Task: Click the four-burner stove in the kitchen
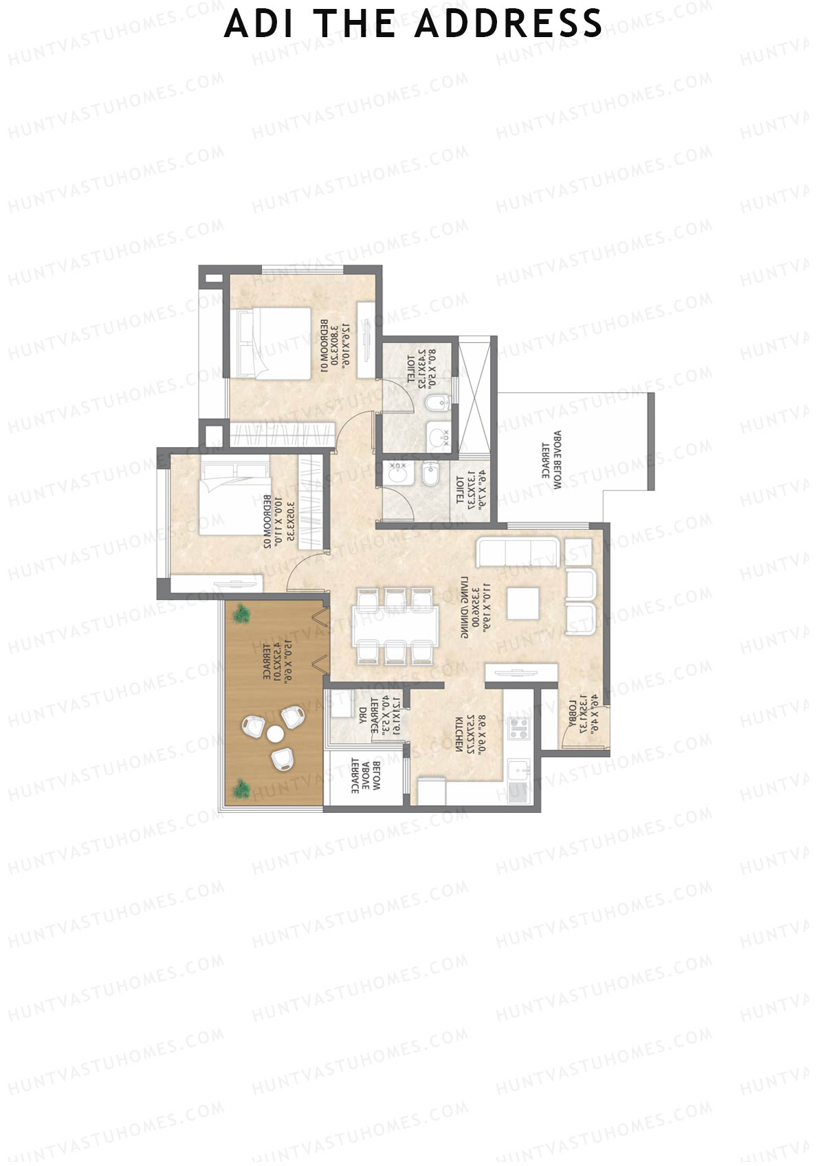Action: point(519,728)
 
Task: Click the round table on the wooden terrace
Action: point(275,734)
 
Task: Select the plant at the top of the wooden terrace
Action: point(240,614)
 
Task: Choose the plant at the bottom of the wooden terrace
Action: point(241,789)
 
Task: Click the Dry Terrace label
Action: point(375,716)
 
